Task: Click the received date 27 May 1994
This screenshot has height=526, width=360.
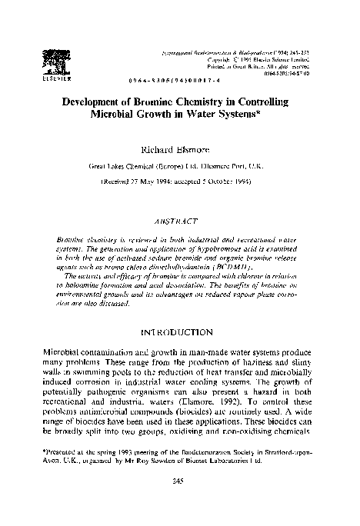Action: pos(158,182)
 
